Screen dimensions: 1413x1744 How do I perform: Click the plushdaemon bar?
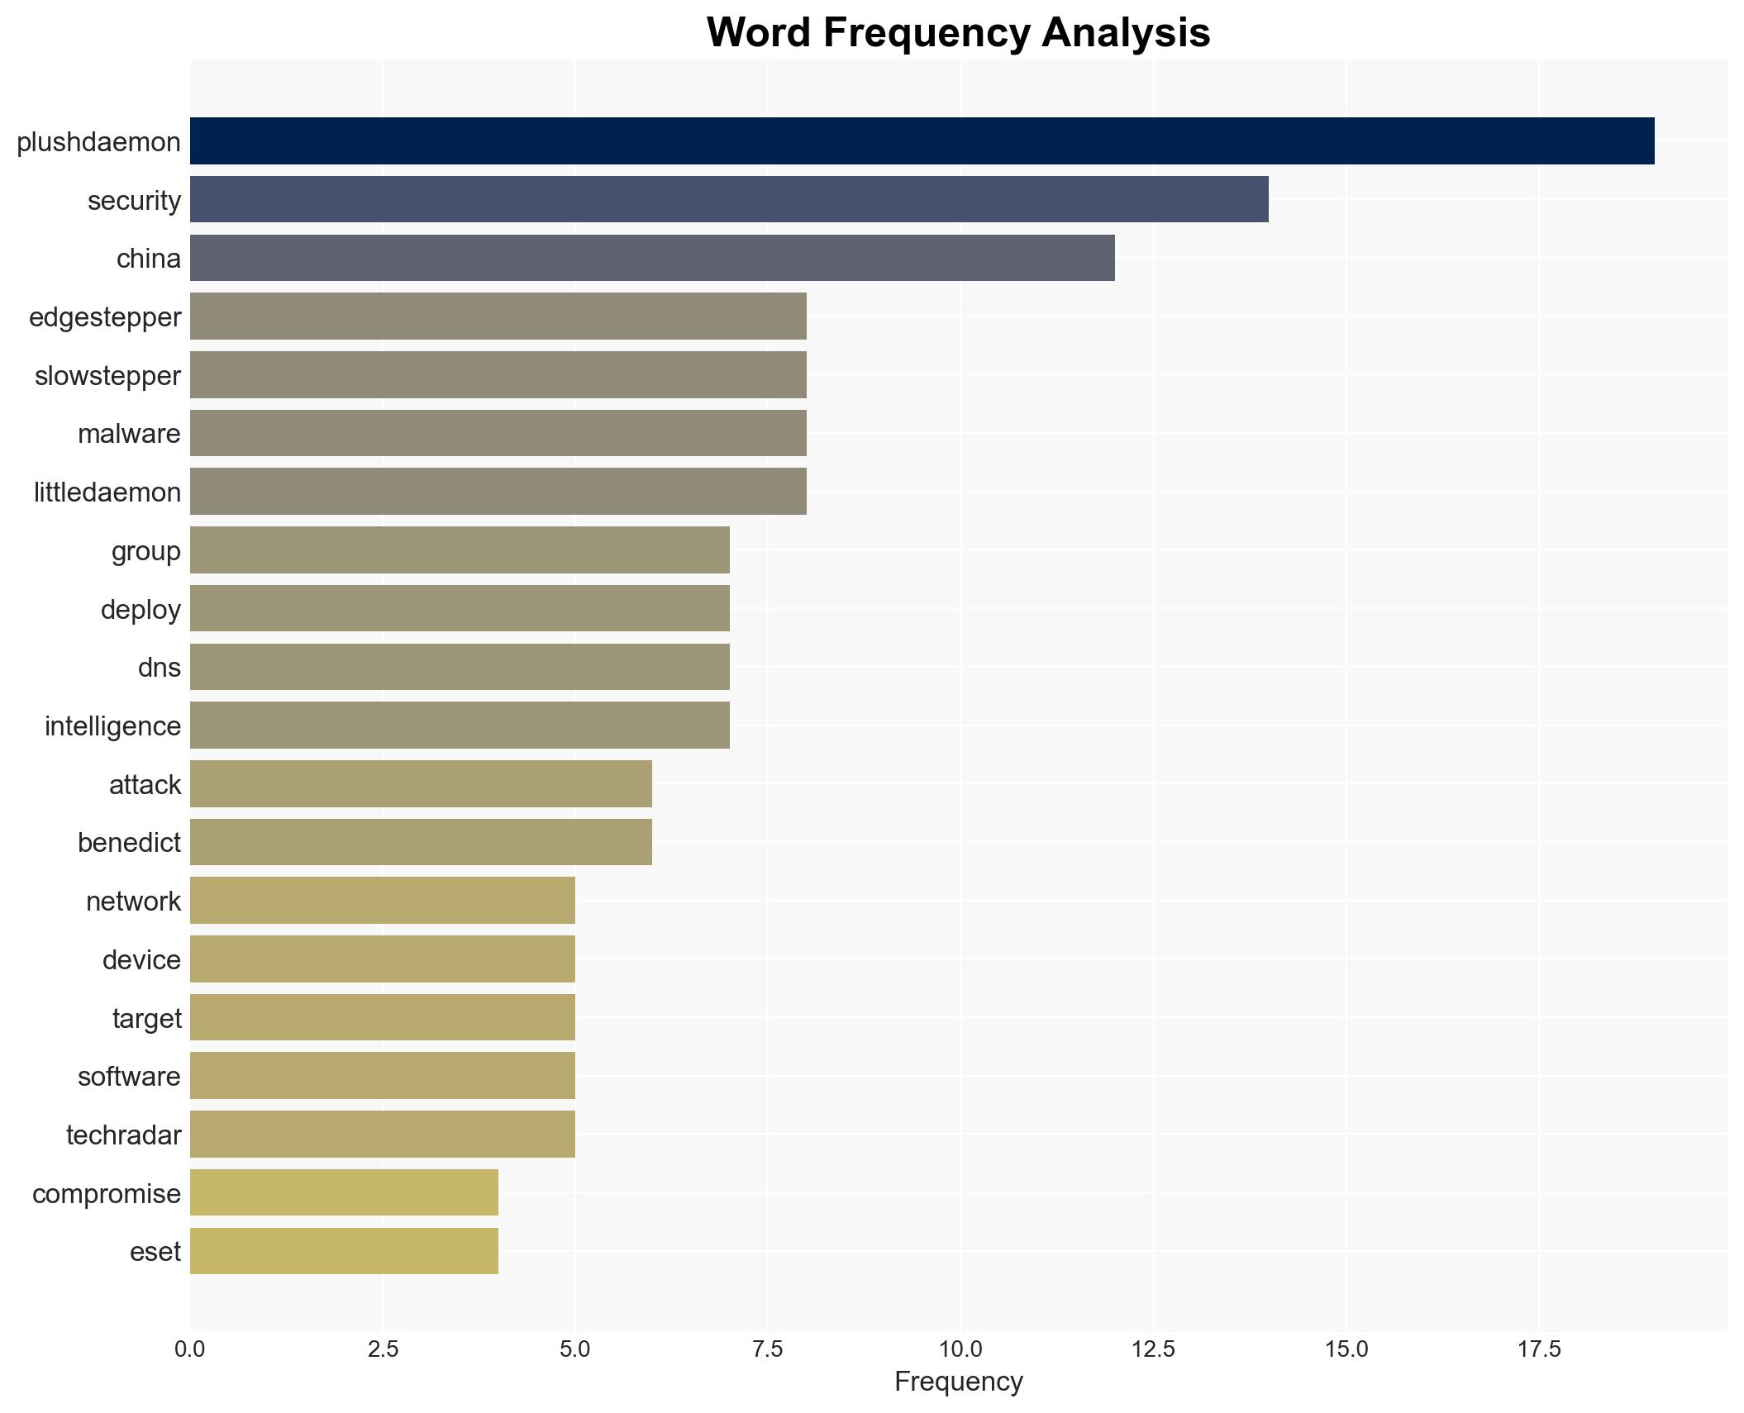pyautogui.click(x=922, y=140)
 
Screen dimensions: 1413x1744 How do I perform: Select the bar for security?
pyautogui.click(x=729, y=199)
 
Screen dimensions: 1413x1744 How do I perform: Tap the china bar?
pyautogui.click(x=652, y=258)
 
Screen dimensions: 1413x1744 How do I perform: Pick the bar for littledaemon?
pyautogui.click(x=498, y=492)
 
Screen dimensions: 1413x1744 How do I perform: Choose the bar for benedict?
pyautogui.click(x=421, y=842)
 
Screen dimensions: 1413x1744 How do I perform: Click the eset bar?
pyautogui.click(x=344, y=1251)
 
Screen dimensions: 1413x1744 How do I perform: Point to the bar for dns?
pyautogui.click(x=460, y=667)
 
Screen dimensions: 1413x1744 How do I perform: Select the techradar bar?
pyautogui.click(x=382, y=1135)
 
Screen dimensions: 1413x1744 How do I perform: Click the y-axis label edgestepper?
pyautogui.click(x=105, y=317)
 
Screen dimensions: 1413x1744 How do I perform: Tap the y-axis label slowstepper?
pyautogui.click(x=107, y=376)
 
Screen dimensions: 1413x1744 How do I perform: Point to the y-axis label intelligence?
pyautogui.click(x=112, y=726)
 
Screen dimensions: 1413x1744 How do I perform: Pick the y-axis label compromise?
pyautogui.click(x=107, y=1194)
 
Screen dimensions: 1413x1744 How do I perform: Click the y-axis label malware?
pyautogui.click(x=129, y=434)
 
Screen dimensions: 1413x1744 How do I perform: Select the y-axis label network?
pyautogui.click(x=133, y=902)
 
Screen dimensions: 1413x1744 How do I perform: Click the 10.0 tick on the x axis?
pyautogui.click(x=960, y=1349)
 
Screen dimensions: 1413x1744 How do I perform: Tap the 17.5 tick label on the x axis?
pyautogui.click(x=1538, y=1349)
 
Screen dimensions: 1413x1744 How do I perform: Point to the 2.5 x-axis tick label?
pyautogui.click(x=383, y=1349)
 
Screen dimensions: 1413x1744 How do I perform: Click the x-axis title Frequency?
pyautogui.click(x=958, y=1382)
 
